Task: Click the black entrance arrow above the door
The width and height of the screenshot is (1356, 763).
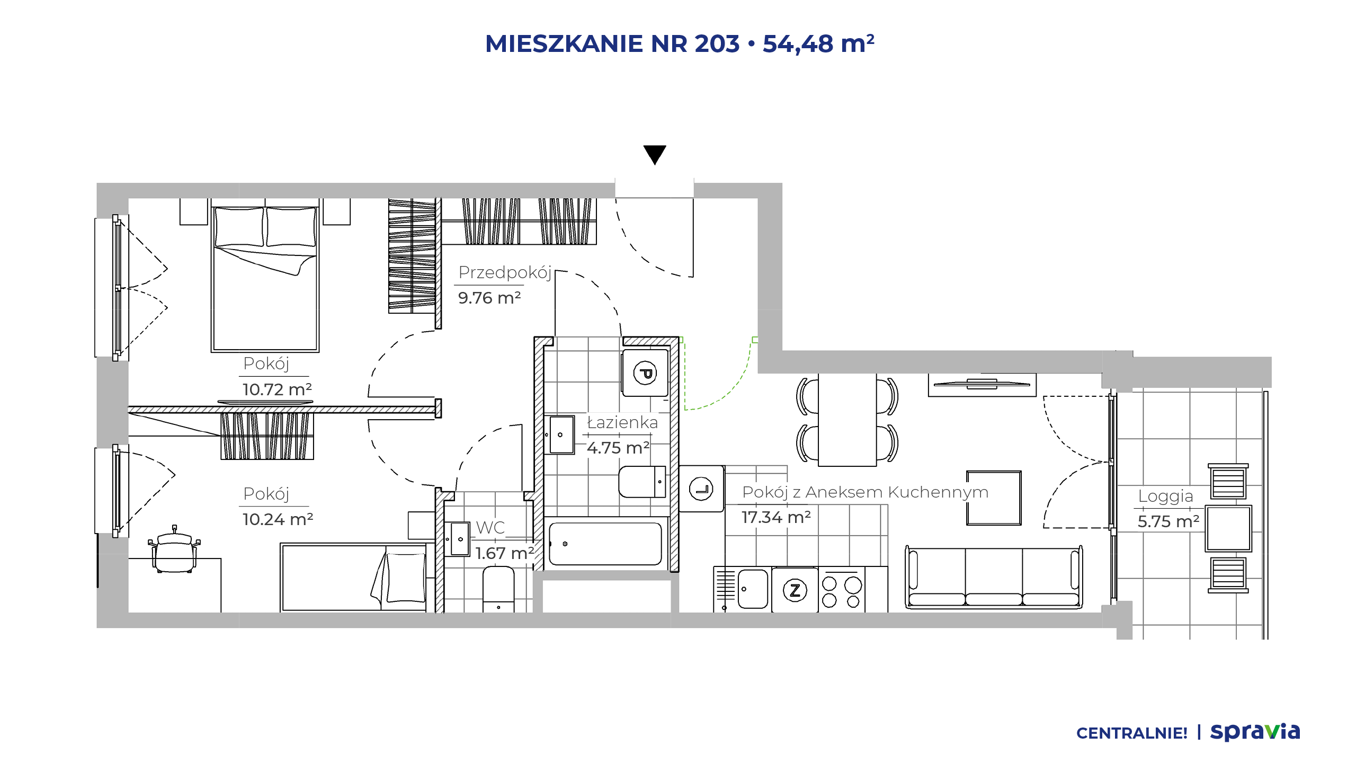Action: coord(655,155)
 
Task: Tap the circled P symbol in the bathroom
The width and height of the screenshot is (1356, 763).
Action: coord(645,373)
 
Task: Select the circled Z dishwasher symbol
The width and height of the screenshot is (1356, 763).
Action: coord(795,590)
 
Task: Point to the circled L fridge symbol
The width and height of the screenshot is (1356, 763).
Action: coord(701,489)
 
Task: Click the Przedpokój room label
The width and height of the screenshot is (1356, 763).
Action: coord(505,273)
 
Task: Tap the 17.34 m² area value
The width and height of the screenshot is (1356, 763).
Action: coord(776,517)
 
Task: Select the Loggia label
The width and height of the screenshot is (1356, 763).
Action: coord(1165,496)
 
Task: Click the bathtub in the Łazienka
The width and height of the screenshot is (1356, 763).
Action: coord(605,544)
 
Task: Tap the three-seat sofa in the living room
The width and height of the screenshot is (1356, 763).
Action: coord(994,577)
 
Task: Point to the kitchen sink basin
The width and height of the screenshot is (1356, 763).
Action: coord(753,589)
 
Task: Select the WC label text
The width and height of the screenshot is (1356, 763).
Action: coord(490,528)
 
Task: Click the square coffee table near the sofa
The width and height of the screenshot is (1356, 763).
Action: coord(994,498)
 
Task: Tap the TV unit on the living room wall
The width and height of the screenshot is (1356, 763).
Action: coord(982,384)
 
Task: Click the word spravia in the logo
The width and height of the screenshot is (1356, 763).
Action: coord(1255,732)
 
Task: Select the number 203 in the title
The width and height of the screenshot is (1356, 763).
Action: coord(717,44)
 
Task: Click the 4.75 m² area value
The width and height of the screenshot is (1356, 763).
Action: coord(618,448)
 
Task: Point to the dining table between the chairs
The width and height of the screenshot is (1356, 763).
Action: coord(847,420)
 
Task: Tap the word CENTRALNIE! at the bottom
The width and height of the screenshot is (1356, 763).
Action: coord(1132,733)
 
